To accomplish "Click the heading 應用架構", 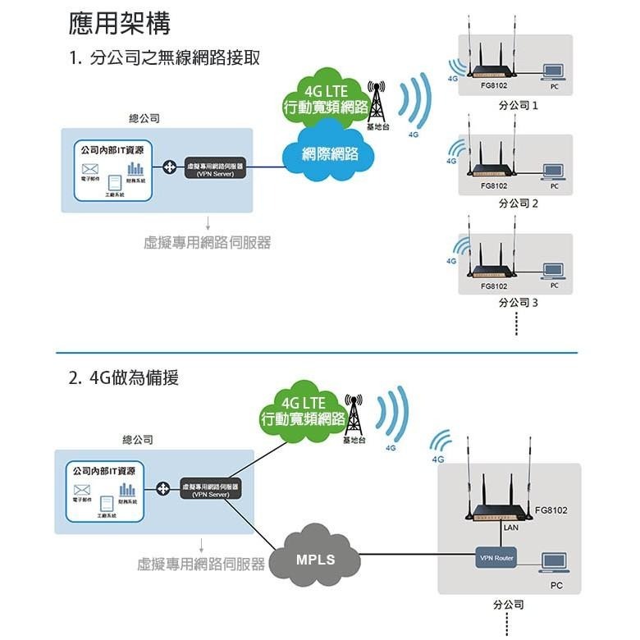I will pyautogui.click(x=120, y=24).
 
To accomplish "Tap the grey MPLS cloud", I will pyautogui.click(x=315, y=560).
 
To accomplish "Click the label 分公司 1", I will pyautogui.click(x=518, y=106).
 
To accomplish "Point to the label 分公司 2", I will pyautogui.click(x=518, y=203).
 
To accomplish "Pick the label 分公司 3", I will pyautogui.click(x=518, y=303).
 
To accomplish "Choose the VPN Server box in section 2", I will pyautogui.click(x=210, y=490).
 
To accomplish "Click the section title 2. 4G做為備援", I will pyautogui.click(x=124, y=378).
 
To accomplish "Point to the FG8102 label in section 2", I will pyautogui.click(x=550, y=510).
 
